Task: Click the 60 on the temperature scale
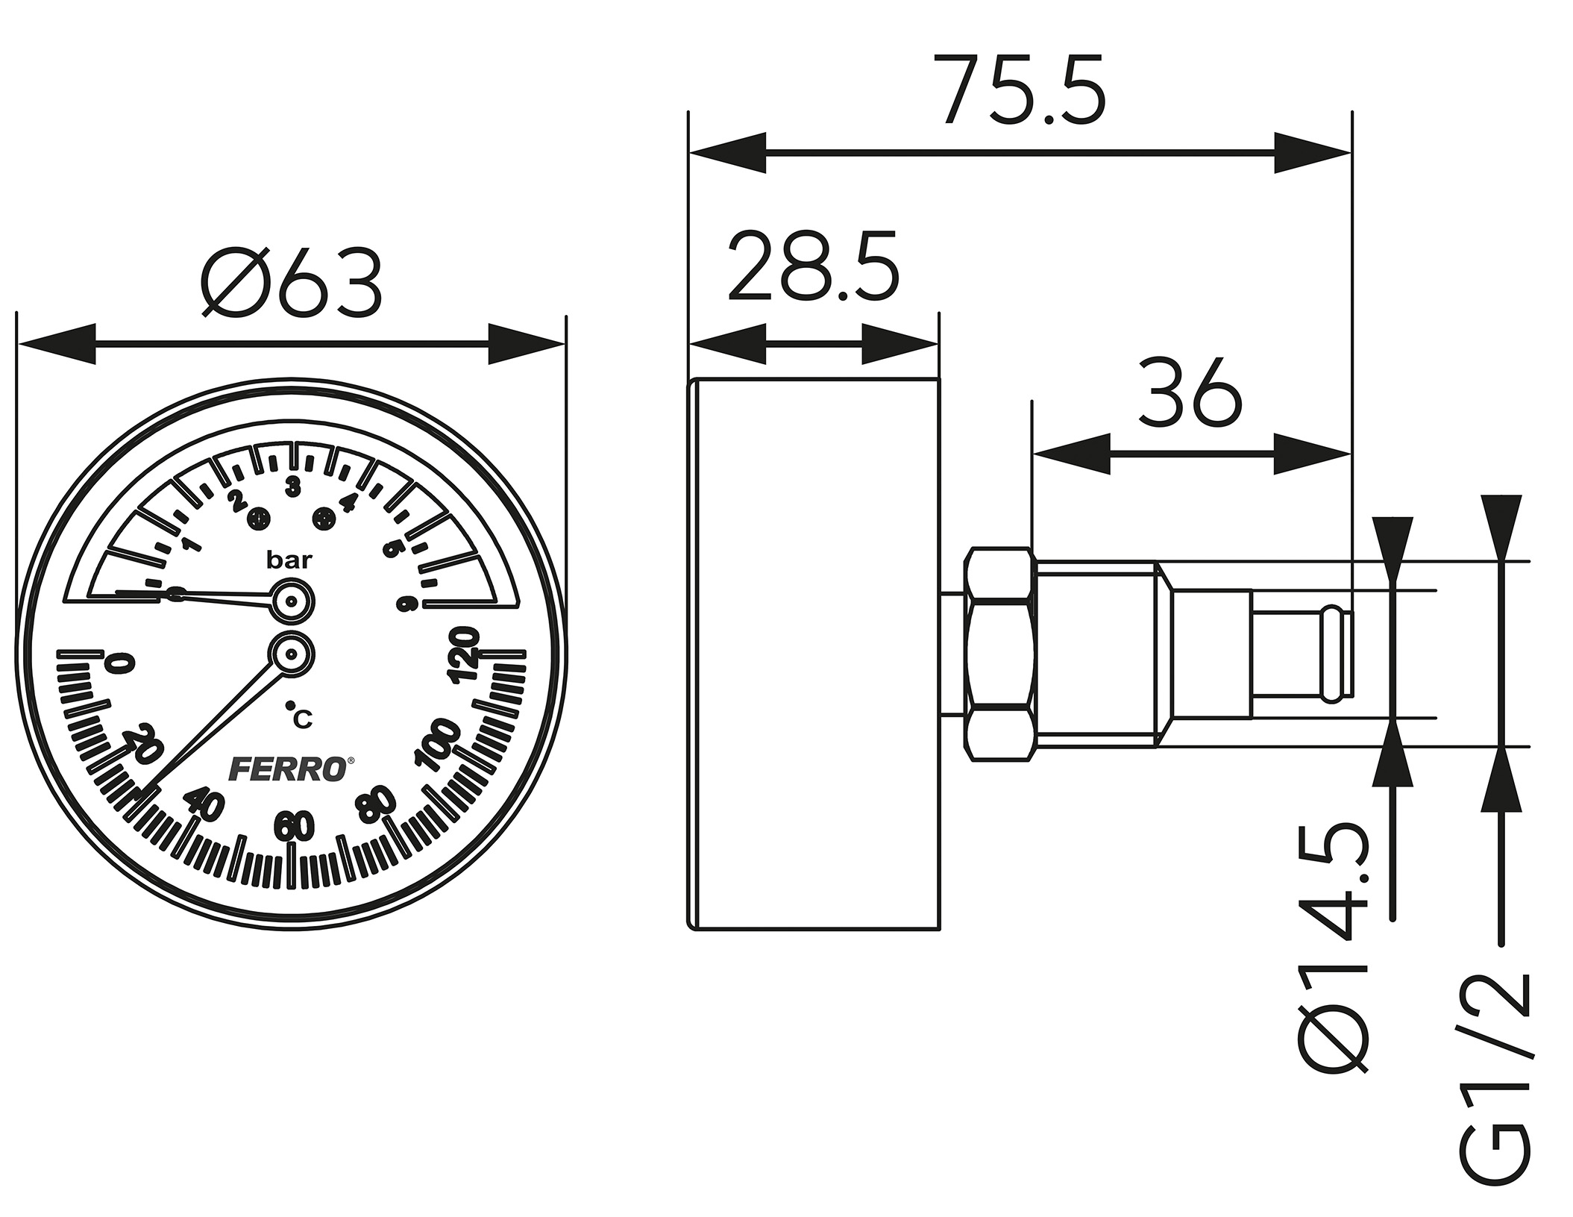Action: pyautogui.click(x=294, y=827)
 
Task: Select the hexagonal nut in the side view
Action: pyautogui.click(x=999, y=654)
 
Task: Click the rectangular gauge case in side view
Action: pyautogui.click(x=813, y=654)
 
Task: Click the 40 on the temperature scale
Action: pyautogui.click(x=204, y=804)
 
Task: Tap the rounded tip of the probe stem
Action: pyautogui.click(x=1338, y=654)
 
